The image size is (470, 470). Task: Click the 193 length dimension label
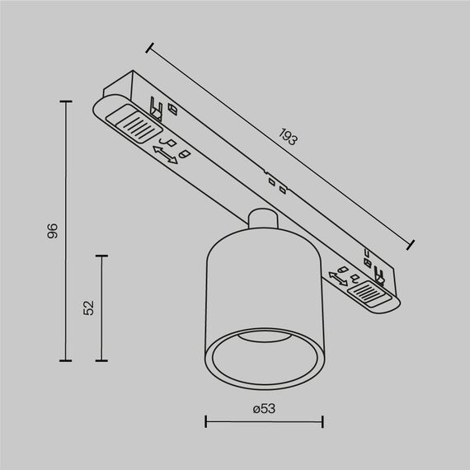coord(287,137)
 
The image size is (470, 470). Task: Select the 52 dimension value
coord(89,308)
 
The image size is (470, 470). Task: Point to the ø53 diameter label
coord(263,408)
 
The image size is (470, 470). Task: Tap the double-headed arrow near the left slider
coord(166,153)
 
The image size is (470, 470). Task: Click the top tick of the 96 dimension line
coord(66,101)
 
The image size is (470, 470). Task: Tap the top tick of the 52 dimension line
coord(101,256)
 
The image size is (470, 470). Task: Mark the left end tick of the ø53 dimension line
coord(205,423)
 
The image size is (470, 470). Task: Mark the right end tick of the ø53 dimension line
coord(322,423)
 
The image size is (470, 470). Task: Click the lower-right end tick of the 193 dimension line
coord(412,243)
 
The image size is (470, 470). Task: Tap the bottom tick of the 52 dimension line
coord(101,360)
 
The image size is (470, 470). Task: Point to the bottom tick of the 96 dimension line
coord(66,360)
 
